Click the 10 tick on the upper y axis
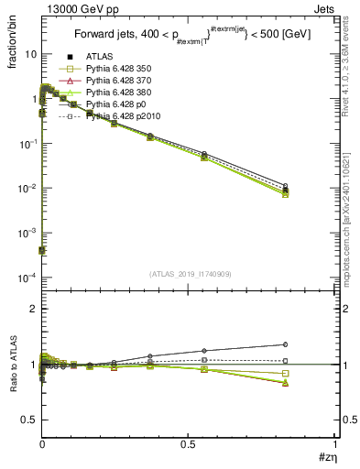(30, 54)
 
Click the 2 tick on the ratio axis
(32, 309)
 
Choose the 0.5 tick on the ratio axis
(28, 420)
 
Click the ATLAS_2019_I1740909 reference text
(189, 274)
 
